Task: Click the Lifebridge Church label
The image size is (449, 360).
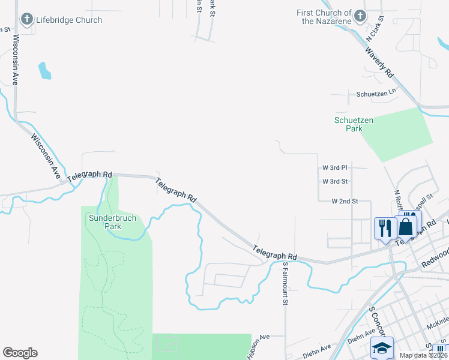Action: coord(68,20)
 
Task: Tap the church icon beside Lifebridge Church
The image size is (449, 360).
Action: coord(26,20)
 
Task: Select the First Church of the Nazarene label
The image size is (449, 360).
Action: coord(324,17)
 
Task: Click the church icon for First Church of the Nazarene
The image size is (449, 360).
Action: coord(360,16)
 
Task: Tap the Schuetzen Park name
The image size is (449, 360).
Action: coord(354,124)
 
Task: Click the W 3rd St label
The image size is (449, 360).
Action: coord(335,181)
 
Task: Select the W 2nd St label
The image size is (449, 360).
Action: coord(345,201)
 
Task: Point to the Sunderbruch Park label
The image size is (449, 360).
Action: coord(105,222)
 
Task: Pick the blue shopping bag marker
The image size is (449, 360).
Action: coord(406,228)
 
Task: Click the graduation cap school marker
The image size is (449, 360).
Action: coord(382,348)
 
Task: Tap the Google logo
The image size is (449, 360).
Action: coord(20,353)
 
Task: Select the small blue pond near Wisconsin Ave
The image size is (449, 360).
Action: coord(44,71)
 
